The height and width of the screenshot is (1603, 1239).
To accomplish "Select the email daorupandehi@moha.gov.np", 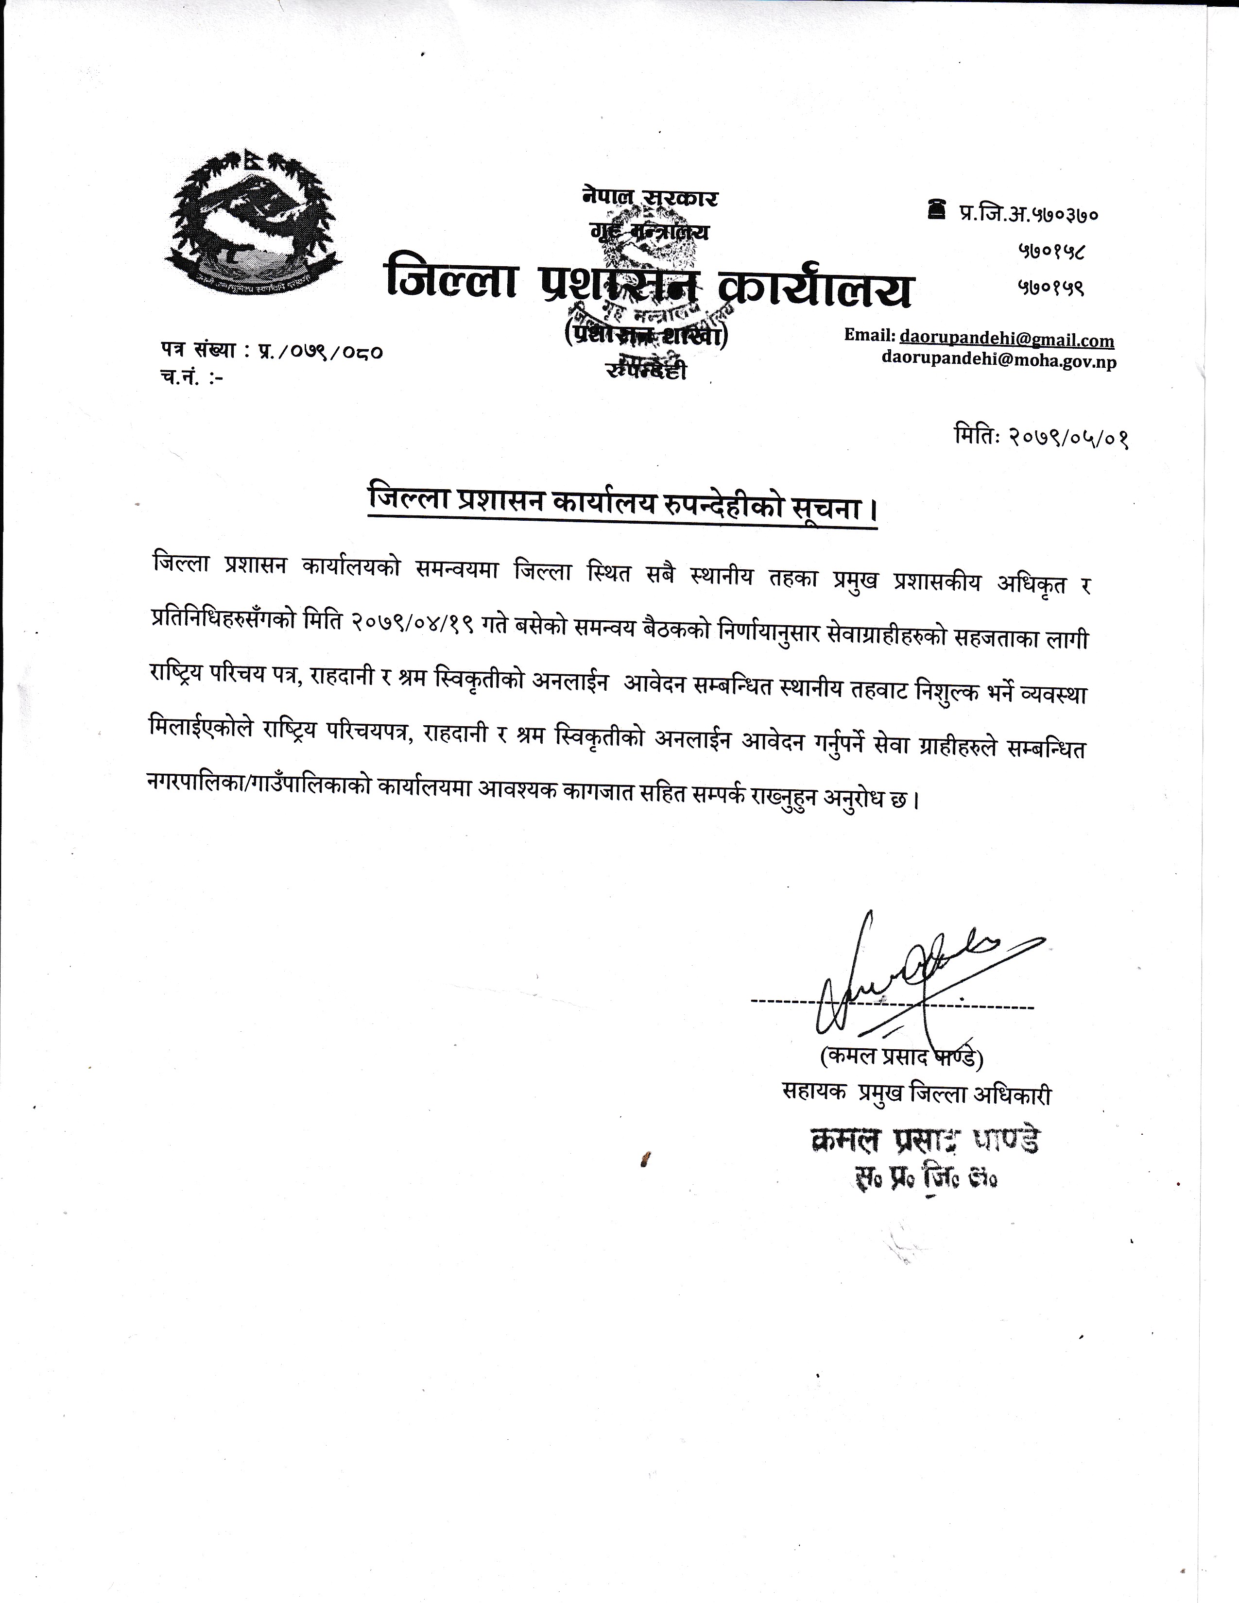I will click(x=998, y=361).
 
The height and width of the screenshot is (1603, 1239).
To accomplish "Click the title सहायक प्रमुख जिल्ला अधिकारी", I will click(x=917, y=1095).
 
